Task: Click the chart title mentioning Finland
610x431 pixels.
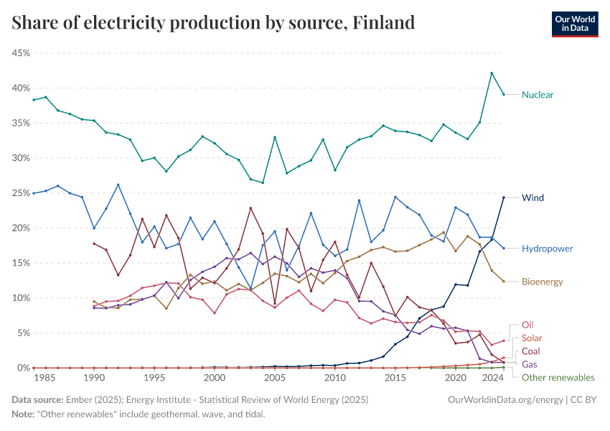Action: pyautogui.click(x=213, y=23)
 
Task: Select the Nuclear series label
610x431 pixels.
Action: pyautogui.click(x=537, y=95)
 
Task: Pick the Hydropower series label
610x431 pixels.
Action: pyautogui.click(x=547, y=249)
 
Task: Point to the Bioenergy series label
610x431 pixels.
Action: pyautogui.click(x=542, y=282)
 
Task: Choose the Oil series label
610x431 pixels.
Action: pyautogui.click(x=527, y=325)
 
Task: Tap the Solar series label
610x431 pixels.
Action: pyautogui.click(x=530, y=338)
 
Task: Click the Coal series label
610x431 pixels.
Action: pyautogui.click(x=530, y=351)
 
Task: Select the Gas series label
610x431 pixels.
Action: pyautogui.click(x=529, y=364)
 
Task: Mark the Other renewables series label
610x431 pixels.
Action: pyautogui.click(x=558, y=377)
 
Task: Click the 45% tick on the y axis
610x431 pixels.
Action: pyautogui.click(x=19, y=53)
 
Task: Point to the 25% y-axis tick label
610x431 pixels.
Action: pyautogui.click(x=19, y=193)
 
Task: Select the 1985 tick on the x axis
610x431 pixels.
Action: pyautogui.click(x=45, y=378)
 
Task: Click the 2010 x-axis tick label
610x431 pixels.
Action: pyautogui.click(x=335, y=378)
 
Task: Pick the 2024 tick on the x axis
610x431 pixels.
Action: pyautogui.click(x=492, y=378)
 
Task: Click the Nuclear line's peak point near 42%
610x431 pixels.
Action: pyautogui.click(x=492, y=73)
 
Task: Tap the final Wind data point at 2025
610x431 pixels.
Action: pyautogui.click(x=504, y=198)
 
